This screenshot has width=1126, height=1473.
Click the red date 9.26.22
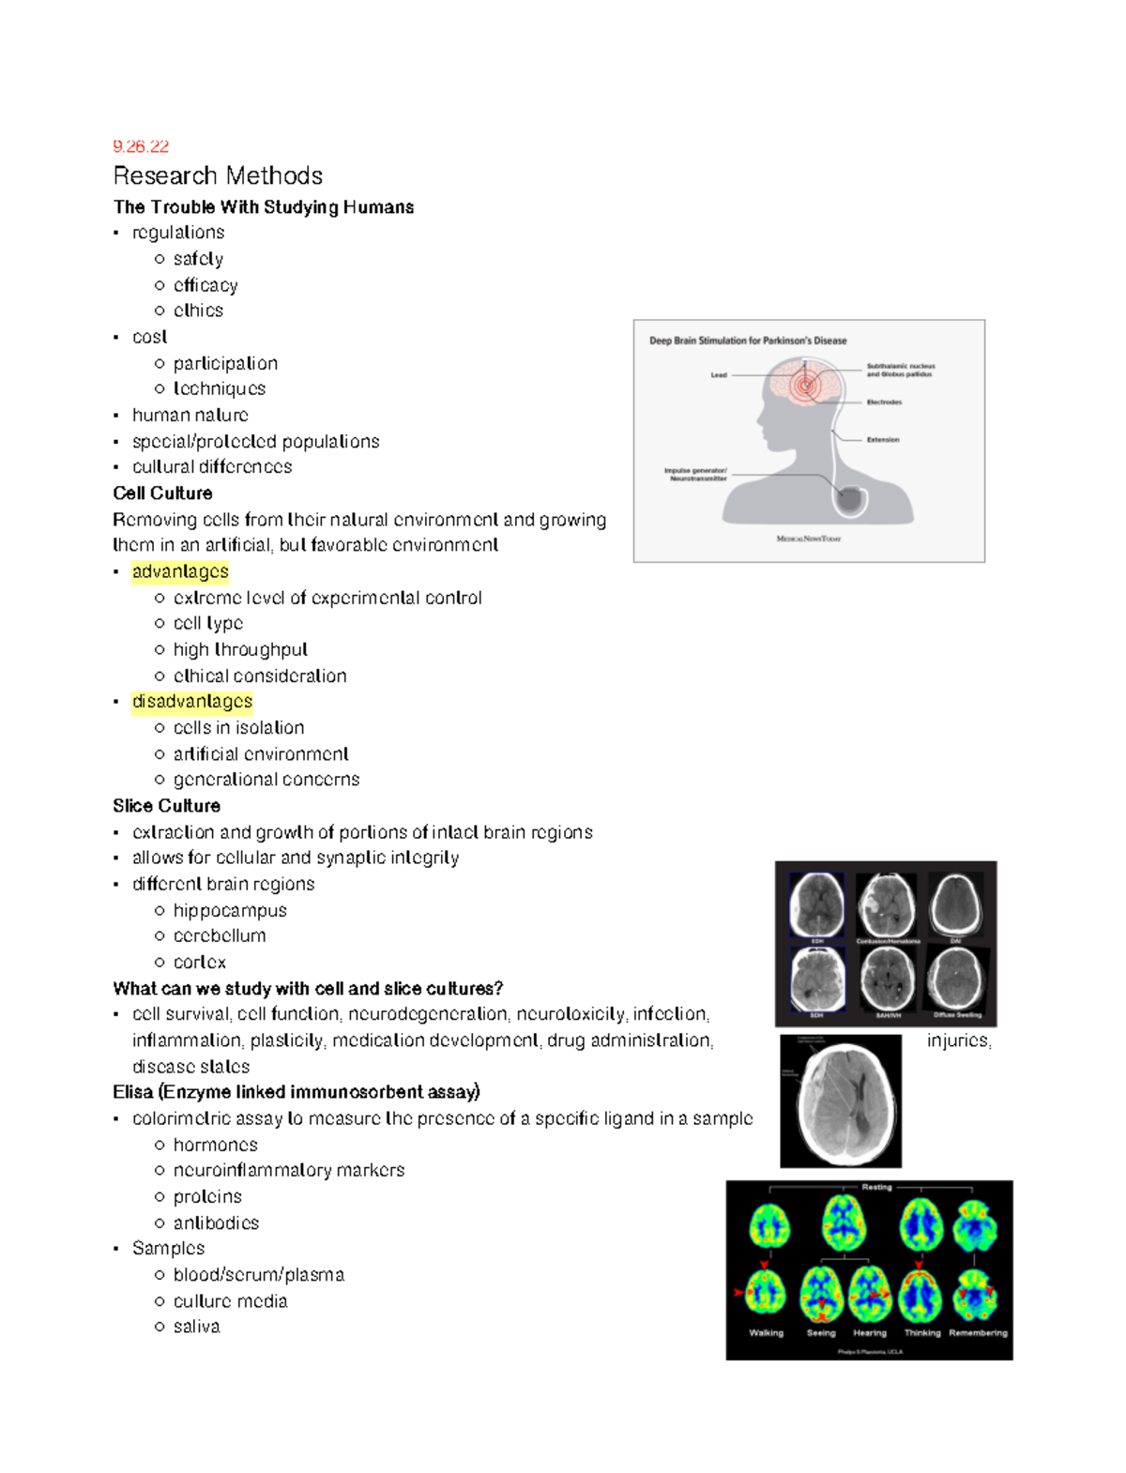tap(141, 146)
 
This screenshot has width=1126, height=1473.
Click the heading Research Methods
tap(218, 176)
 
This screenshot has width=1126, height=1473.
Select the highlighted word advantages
tap(180, 571)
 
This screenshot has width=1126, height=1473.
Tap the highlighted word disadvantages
tap(192, 702)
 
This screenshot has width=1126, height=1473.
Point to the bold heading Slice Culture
tap(167, 806)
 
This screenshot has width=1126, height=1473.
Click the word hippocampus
tap(230, 910)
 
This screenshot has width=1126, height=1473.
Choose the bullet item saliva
tap(196, 1327)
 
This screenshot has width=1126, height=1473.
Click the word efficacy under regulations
tap(205, 285)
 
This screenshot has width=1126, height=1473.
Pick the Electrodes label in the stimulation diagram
tap(884, 402)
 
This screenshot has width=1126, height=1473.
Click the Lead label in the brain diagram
tap(719, 375)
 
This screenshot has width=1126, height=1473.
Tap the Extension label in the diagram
tap(883, 439)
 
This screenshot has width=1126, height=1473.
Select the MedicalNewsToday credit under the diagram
tap(809, 539)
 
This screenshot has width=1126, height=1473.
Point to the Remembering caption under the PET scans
tap(978, 1333)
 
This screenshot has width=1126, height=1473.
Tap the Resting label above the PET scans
tap(876, 1188)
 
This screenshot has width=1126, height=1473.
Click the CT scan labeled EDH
tap(816, 904)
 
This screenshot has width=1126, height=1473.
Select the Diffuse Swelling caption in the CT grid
tap(957, 1015)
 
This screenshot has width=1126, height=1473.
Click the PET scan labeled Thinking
tap(921, 1295)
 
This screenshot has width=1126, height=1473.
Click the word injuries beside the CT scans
tap(958, 1040)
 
